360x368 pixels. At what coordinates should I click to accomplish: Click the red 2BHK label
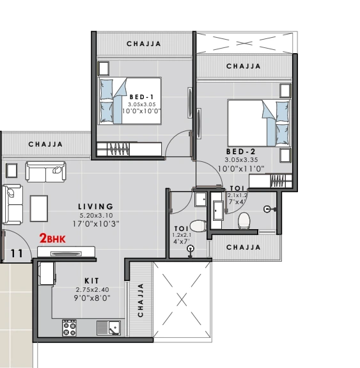(52, 238)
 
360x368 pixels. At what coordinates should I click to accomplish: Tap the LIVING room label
(96, 207)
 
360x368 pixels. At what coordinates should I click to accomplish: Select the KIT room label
(92, 281)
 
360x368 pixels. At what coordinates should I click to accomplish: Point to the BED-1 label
(141, 97)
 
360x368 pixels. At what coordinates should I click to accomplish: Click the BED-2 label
(241, 152)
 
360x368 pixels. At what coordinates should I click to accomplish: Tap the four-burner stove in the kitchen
(69, 328)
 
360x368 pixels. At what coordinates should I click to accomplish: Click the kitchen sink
(109, 328)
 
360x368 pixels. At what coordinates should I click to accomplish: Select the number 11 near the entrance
(17, 253)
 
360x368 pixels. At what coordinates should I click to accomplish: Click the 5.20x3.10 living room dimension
(96, 215)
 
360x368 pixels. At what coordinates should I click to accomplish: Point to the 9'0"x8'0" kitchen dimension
(92, 298)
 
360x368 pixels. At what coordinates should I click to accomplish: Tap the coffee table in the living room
(39, 209)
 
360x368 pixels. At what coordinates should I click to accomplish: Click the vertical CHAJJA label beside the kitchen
(141, 300)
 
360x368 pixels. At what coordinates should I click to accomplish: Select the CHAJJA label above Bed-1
(144, 44)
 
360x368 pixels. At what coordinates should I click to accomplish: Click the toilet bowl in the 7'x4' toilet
(244, 221)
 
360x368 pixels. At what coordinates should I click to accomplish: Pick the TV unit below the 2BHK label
(66, 252)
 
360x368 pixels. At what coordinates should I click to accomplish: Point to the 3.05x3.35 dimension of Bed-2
(241, 160)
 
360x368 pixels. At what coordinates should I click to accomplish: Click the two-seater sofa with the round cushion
(46, 172)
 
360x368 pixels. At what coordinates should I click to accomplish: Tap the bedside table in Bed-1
(104, 68)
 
